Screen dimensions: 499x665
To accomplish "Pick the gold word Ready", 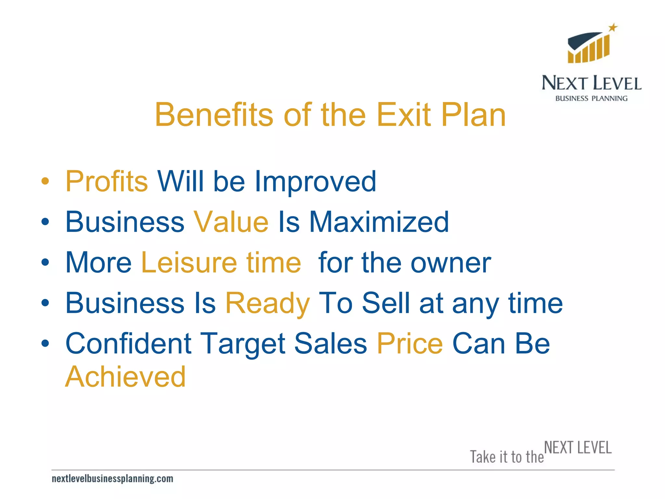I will point(268,303).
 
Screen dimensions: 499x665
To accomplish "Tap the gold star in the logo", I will point(613,28).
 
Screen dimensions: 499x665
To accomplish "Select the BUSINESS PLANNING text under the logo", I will point(591,98).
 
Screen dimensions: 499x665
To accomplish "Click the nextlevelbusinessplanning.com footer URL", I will point(112,479).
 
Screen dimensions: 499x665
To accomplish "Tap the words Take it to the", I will point(507,457).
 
